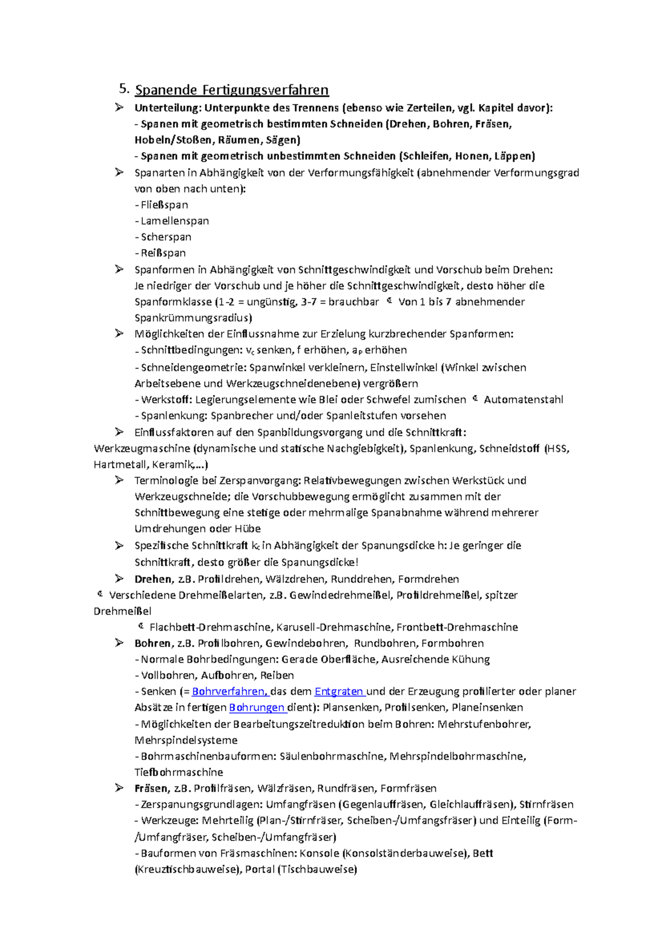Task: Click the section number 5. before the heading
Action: point(124,89)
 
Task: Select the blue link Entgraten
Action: point(338,691)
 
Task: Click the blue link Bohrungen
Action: point(257,707)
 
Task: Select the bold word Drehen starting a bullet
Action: point(153,579)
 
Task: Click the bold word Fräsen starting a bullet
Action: point(151,789)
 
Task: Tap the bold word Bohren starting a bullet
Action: point(152,643)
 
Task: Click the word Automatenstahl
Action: point(523,400)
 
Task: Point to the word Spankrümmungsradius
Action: point(193,318)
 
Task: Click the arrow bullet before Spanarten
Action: point(119,173)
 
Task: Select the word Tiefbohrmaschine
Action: point(179,773)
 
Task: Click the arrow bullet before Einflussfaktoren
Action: point(119,432)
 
